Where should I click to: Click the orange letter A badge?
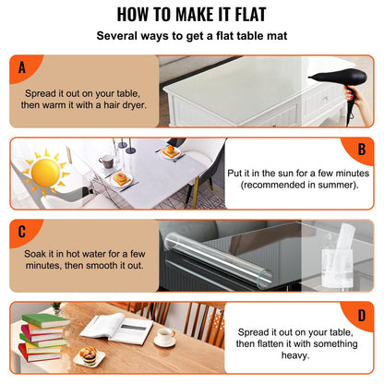tap(21, 67)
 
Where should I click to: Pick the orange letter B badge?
tap(361, 150)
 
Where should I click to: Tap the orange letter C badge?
tap(21, 232)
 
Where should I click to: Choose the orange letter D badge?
tap(361, 316)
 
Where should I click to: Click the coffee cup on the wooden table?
tap(165, 337)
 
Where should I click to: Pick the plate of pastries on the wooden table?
tap(89, 354)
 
